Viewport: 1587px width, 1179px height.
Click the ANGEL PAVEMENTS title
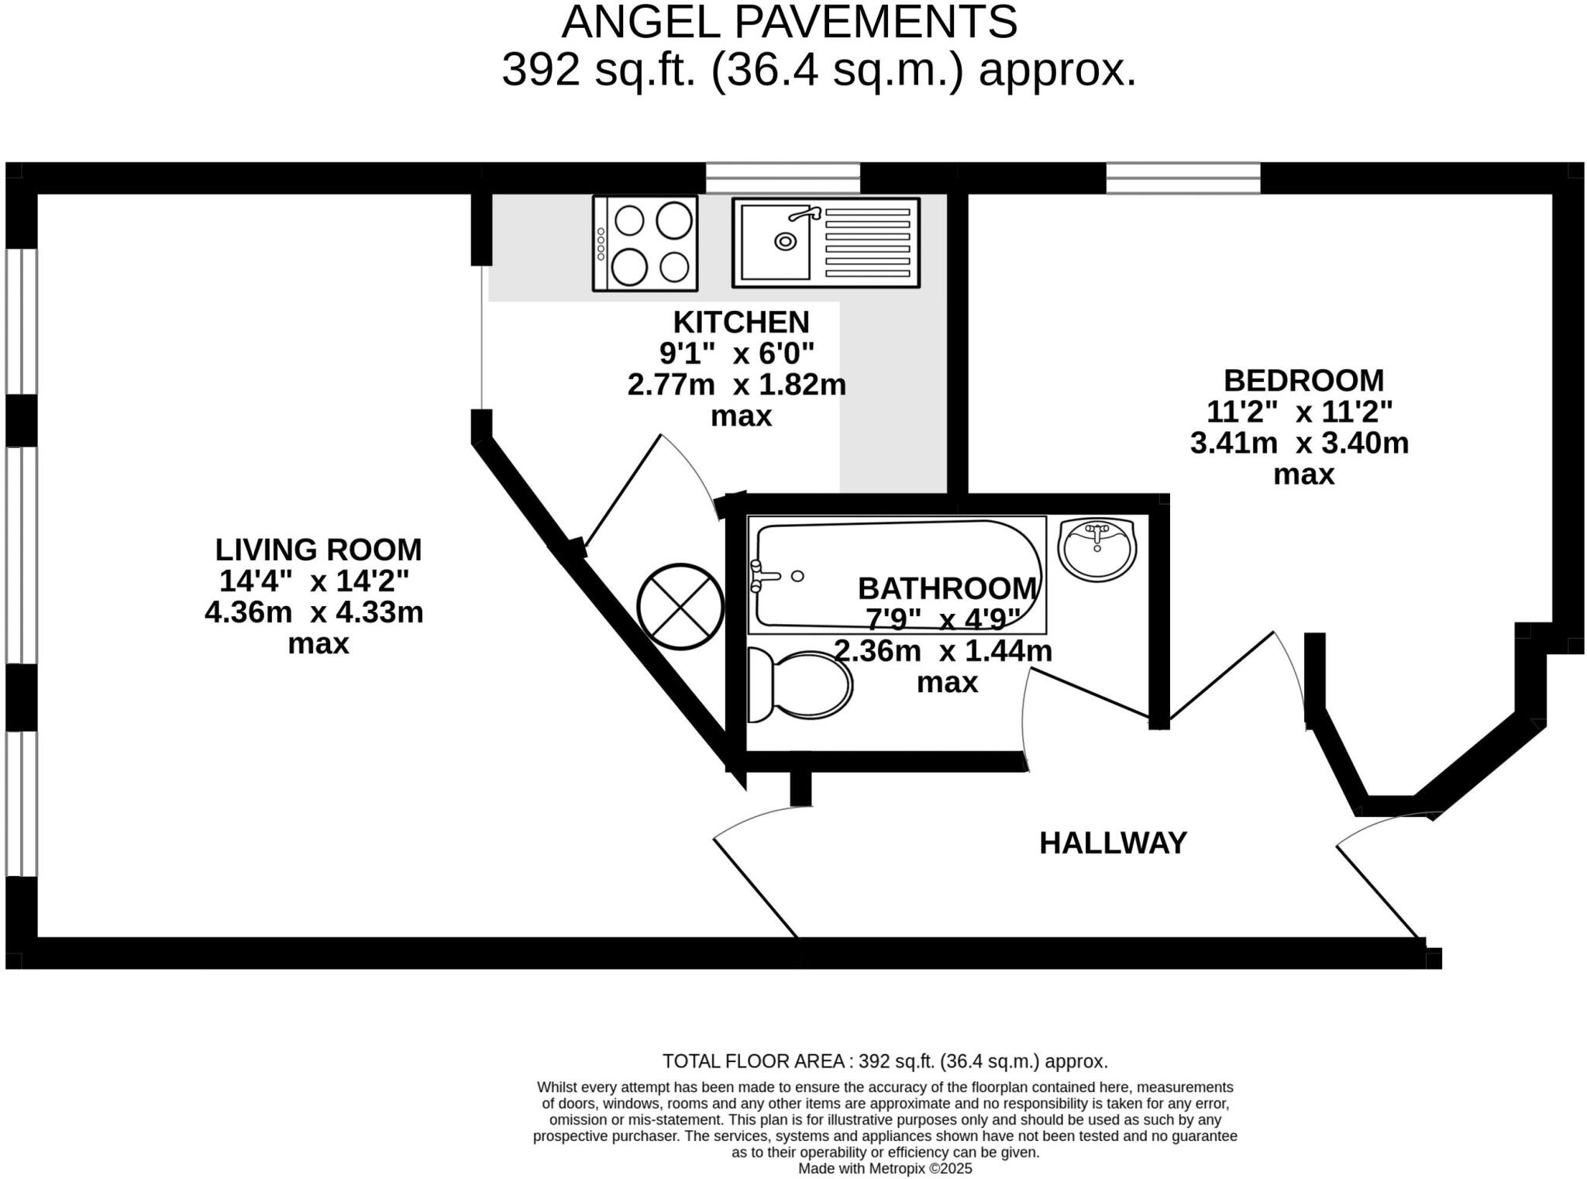coord(789,22)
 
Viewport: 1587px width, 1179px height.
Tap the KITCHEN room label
coord(741,322)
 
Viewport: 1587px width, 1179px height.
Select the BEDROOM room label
coord(1303,381)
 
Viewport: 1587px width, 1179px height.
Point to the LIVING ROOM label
coord(318,550)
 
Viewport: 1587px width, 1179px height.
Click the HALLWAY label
coord(1113,843)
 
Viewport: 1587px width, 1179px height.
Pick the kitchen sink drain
coord(786,242)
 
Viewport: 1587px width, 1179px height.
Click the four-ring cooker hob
coord(645,243)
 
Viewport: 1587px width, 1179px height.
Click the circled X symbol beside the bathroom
coord(680,606)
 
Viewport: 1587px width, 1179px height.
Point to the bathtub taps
coord(763,576)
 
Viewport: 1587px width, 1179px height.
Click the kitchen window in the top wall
coord(783,178)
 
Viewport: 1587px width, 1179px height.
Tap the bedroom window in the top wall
coord(1183,178)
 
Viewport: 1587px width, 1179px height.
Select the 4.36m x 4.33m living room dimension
coord(314,612)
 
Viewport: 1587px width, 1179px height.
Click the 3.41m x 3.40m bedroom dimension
coord(1300,443)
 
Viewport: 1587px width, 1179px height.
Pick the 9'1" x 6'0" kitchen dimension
coord(736,353)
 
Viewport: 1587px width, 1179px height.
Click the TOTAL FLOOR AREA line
coord(885,1061)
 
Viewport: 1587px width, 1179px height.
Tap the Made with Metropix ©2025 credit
coord(885,1169)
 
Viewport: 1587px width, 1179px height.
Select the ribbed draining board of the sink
coord(867,242)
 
